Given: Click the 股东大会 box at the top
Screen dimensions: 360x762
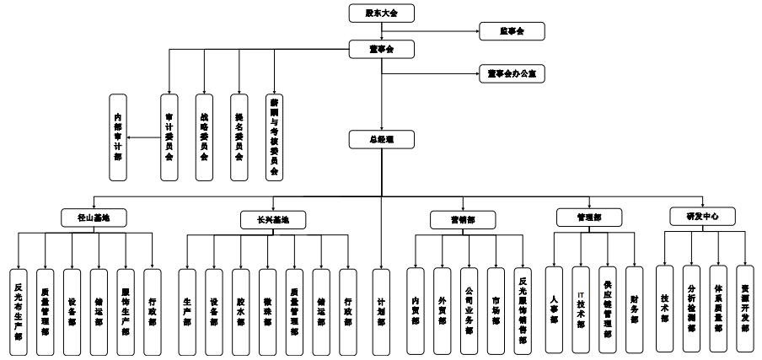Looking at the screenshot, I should click(383, 13).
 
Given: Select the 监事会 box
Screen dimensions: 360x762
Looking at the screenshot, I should click(512, 32).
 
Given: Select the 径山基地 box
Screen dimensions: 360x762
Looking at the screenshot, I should click(93, 217).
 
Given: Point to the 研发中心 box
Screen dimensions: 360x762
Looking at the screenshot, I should click(701, 217).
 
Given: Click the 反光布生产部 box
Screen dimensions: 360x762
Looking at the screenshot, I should click(19, 309).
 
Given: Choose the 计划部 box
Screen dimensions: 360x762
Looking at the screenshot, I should click(382, 309).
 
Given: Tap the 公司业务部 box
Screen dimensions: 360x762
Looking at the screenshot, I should click(469, 309).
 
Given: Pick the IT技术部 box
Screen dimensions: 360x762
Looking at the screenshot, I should click(580, 309).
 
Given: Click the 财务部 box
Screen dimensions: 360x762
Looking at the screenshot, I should click(634, 309).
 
